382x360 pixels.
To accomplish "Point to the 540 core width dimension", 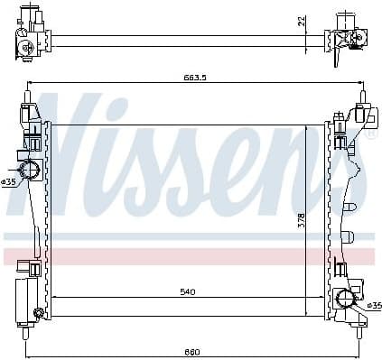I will click(188, 291).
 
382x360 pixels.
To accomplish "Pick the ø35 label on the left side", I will click(9, 181).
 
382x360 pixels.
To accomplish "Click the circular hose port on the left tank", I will click(28, 169).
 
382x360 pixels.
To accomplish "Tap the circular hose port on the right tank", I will click(343, 300).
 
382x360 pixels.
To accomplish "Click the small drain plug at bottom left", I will click(39, 313).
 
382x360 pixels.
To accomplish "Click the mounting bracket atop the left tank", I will click(30, 113).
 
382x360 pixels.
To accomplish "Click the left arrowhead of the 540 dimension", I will click(55, 297).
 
